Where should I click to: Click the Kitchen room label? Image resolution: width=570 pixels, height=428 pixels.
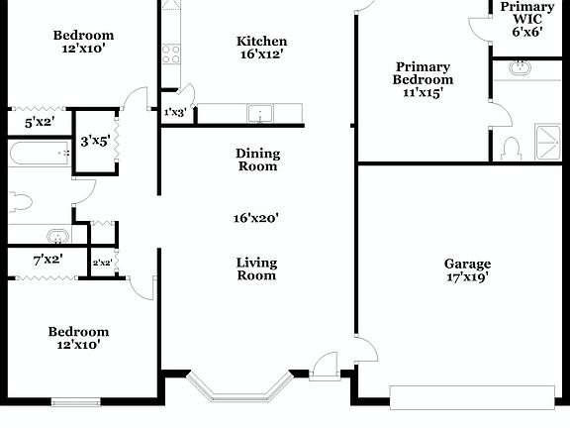(262, 41)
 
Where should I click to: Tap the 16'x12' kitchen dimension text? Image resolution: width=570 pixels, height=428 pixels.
(262, 56)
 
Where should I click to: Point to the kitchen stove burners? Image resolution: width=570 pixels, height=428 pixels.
(171, 53)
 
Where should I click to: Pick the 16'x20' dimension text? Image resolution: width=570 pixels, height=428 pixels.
(257, 217)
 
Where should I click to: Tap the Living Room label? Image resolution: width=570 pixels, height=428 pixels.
(256, 268)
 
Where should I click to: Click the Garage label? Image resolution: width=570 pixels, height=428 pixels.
(467, 264)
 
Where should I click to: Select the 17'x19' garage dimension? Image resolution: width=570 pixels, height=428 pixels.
(467, 277)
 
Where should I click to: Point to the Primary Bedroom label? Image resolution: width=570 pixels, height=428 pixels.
(423, 73)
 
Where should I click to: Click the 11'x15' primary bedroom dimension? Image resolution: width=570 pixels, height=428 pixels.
(423, 93)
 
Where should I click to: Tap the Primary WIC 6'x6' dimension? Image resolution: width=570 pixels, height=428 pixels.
(526, 32)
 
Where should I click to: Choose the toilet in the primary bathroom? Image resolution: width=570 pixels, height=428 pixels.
(512, 149)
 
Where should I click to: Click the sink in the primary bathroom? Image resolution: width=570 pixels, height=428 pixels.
(521, 68)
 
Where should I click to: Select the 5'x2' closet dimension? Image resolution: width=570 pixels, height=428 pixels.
(39, 123)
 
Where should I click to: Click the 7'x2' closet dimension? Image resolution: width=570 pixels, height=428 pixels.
(47, 260)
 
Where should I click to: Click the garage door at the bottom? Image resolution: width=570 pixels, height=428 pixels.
(471, 396)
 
